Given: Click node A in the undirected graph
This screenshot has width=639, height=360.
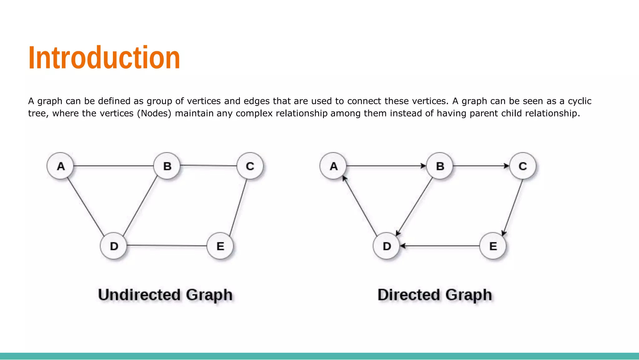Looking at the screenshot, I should (60, 166).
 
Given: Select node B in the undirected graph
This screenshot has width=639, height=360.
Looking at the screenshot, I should (167, 166).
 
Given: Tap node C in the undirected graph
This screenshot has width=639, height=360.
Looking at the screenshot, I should (250, 166).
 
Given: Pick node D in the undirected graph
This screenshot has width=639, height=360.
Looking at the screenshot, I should (114, 246).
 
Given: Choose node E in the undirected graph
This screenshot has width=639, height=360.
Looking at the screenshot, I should (220, 246).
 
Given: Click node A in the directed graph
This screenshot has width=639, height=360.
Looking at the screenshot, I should (333, 166).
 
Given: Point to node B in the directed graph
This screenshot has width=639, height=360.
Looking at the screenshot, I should (440, 166).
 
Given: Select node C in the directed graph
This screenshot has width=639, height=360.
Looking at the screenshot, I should (523, 166).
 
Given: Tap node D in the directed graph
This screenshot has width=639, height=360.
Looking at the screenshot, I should (386, 246).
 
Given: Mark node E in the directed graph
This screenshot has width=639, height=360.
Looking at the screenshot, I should (493, 246).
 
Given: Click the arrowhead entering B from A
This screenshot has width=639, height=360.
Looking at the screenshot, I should (423, 166).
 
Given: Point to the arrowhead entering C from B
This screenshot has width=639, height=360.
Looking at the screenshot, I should (506, 166).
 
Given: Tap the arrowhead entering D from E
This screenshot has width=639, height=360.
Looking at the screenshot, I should (403, 246).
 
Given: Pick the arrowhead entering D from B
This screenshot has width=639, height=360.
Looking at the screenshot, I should (398, 233).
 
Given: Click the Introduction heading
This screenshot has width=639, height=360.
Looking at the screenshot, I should (104, 58).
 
